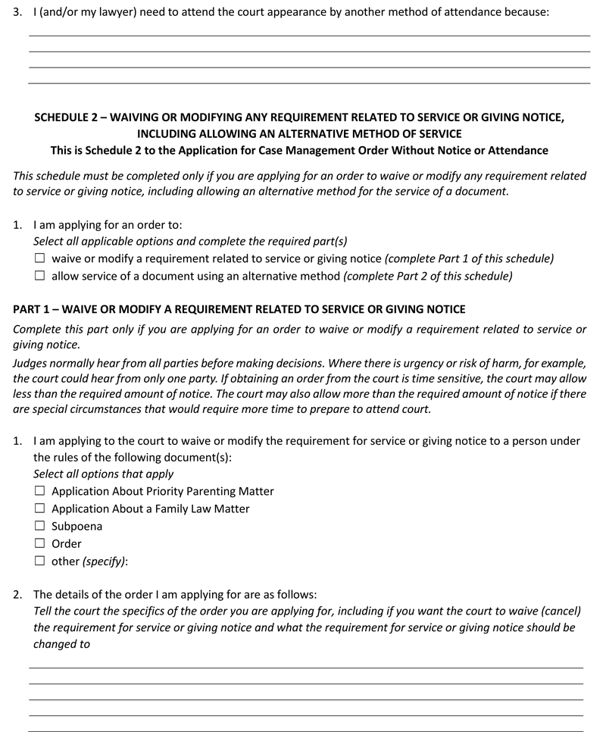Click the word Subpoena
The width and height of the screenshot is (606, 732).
coord(77,527)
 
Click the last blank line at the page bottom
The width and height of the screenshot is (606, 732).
coord(306,730)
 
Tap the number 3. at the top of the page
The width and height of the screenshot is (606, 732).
coord(19,14)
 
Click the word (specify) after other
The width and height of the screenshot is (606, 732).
coord(105,562)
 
